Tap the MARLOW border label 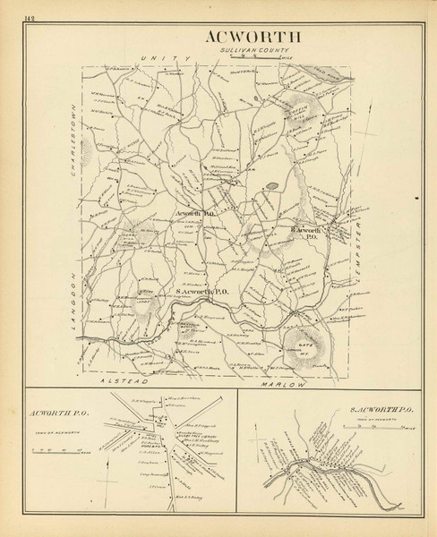point(286,382)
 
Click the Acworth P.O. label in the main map point(196,215)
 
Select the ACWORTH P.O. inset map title point(58,414)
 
